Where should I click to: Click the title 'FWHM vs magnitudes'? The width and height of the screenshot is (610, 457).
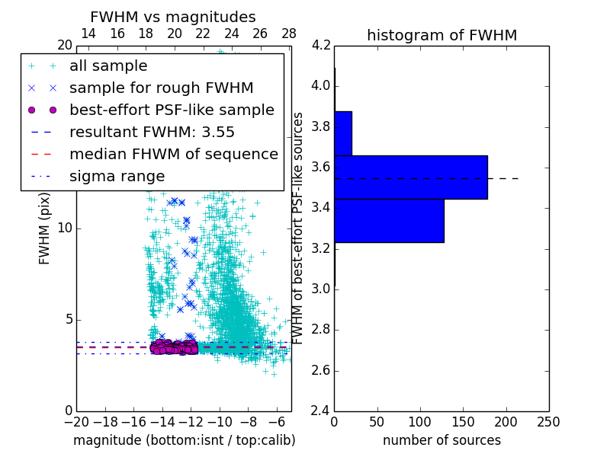(x=173, y=17)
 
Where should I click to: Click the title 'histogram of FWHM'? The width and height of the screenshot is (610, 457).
(x=441, y=35)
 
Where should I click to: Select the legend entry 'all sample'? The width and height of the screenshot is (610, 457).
(x=108, y=66)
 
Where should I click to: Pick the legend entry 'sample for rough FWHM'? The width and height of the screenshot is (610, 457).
(x=161, y=88)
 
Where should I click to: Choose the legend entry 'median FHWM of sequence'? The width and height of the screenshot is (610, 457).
(x=173, y=154)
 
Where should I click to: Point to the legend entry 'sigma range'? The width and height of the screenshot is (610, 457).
(x=117, y=176)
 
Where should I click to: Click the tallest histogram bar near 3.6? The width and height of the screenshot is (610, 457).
(x=410, y=177)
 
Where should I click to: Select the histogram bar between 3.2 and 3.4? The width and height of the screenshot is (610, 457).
(x=389, y=220)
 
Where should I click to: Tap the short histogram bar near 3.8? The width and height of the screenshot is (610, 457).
(x=342, y=133)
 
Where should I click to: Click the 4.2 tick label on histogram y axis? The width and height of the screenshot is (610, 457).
(x=321, y=45)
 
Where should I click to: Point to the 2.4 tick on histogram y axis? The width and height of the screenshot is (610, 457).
(x=321, y=411)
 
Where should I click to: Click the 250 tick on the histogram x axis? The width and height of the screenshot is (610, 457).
(x=548, y=422)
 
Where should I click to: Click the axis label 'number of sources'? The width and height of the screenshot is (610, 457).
(x=441, y=440)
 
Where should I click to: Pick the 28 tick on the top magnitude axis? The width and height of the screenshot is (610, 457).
(x=289, y=34)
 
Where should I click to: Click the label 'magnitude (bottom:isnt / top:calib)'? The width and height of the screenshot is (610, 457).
(x=184, y=440)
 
